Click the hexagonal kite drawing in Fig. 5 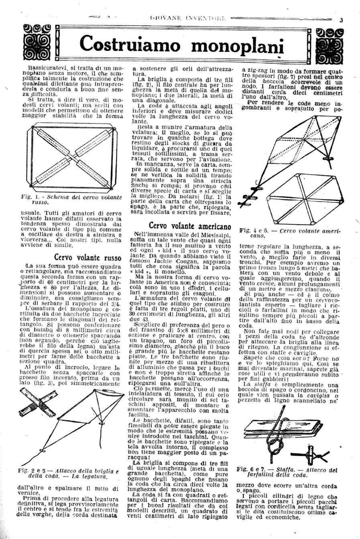point(301,199)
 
